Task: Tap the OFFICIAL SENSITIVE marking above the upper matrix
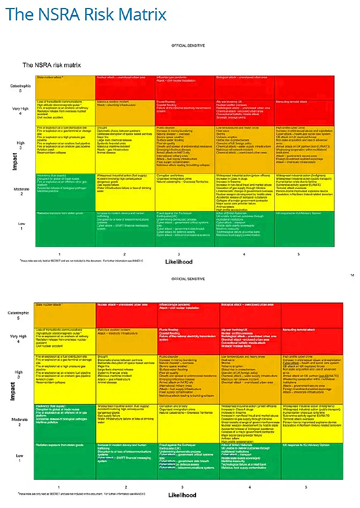click(x=188, y=46)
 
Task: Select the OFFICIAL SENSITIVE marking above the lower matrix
click(x=188, y=279)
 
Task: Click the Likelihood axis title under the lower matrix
click(x=182, y=495)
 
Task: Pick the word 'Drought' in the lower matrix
click(x=103, y=356)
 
